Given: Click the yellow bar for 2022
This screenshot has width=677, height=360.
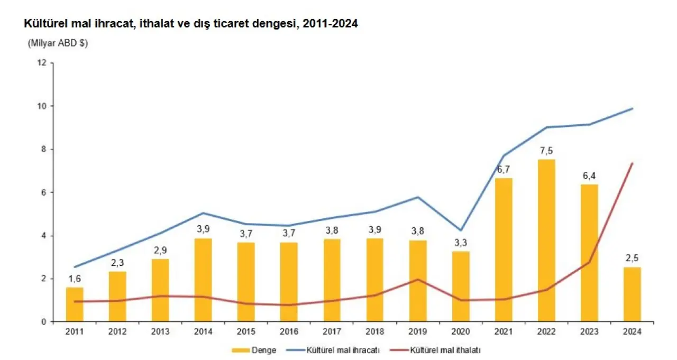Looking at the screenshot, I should (x=546, y=241).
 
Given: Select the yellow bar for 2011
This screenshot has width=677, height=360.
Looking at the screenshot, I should (x=75, y=304).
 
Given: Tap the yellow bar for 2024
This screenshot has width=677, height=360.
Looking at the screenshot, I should (x=632, y=294).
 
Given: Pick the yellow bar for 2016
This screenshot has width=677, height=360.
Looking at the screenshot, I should (x=289, y=282).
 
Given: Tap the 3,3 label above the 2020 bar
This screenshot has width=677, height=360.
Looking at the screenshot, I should (x=461, y=244).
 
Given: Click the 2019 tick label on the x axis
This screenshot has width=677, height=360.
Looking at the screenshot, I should (x=418, y=332).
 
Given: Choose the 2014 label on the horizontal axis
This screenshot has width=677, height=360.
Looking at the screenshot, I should (x=203, y=332).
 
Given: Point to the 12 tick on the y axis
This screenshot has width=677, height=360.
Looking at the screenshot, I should (x=42, y=63).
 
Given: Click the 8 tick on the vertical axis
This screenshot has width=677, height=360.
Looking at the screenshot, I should (x=44, y=149).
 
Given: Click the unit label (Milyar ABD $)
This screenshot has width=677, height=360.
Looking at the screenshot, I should (x=58, y=43).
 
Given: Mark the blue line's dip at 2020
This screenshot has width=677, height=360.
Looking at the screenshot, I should (x=461, y=230).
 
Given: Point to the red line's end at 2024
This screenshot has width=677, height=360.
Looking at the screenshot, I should (x=632, y=163).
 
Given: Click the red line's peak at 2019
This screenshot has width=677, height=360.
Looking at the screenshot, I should (x=418, y=279).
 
